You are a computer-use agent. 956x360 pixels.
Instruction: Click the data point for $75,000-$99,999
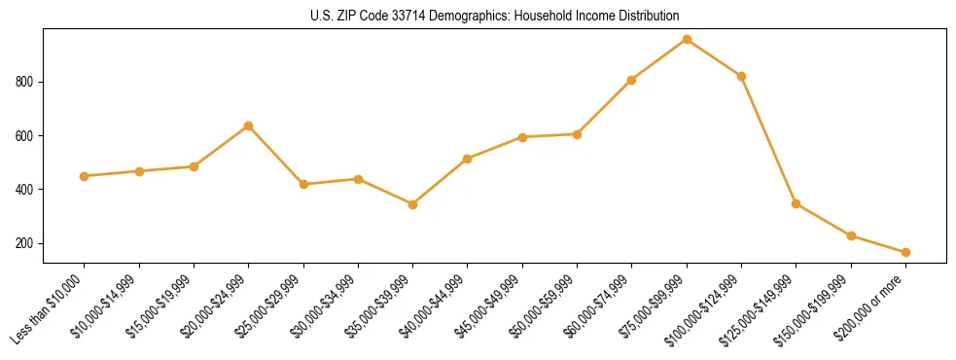(x=687, y=39)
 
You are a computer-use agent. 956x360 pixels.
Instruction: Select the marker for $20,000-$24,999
(x=249, y=126)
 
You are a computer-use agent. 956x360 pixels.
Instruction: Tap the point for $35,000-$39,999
(x=412, y=204)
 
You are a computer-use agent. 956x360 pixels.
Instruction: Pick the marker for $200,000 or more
(x=905, y=252)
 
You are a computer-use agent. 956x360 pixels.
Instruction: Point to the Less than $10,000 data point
(x=85, y=176)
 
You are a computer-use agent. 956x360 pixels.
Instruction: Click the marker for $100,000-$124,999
(x=741, y=76)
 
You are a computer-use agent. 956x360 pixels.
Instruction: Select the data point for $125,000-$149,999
(x=797, y=203)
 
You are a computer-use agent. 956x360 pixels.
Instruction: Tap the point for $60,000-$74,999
(x=632, y=80)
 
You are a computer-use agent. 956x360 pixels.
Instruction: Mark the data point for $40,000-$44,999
(x=468, y=159)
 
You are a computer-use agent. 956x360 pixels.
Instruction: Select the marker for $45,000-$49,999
(x=522, y=137)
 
